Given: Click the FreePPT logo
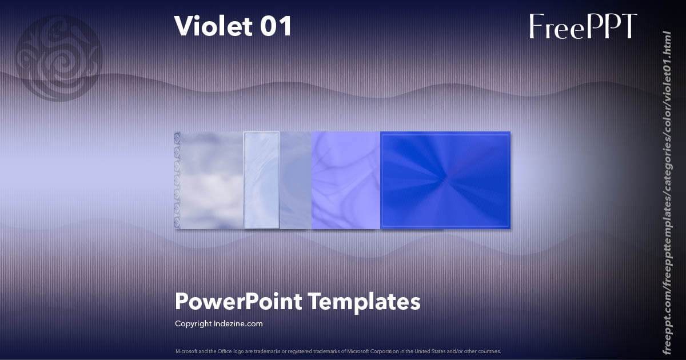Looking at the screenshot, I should (x=583, y=27).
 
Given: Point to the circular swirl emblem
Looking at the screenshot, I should (x=58, y=59).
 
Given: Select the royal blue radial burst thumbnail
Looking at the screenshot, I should (x=445, y=181).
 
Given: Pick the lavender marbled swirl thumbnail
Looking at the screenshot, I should (x=345, y=181).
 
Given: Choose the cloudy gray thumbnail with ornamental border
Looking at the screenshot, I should (x=209, y=181).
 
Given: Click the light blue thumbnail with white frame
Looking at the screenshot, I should (x=261, y=181).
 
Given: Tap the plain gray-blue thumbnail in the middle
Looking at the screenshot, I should (x=295, y=181).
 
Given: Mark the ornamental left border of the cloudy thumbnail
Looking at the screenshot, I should (x=177, y=181).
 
